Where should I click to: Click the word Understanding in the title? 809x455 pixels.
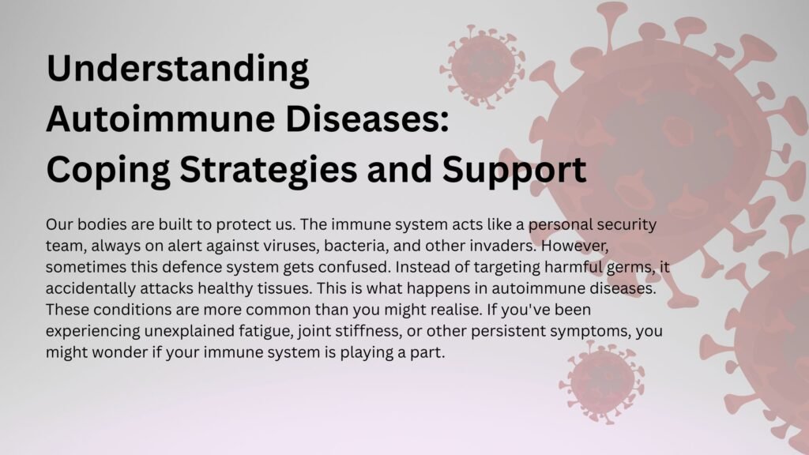click(178, 70)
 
